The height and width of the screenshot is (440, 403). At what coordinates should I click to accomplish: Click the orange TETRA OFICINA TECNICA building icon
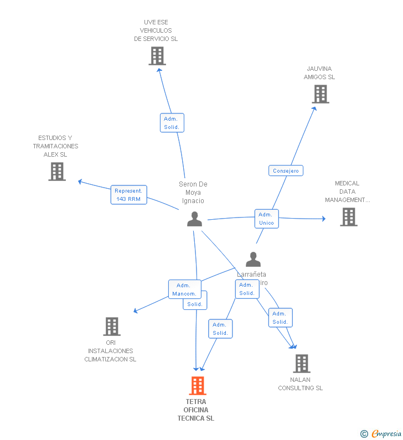click(198, 385)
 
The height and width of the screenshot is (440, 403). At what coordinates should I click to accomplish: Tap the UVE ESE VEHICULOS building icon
click(157, 56)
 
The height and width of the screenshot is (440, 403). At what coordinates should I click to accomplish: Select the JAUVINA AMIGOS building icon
click(321, 94)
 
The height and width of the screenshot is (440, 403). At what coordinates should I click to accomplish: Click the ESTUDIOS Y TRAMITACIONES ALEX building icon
click(57, 172)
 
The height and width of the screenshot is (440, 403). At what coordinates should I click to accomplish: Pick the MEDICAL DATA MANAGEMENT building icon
click(349, 217)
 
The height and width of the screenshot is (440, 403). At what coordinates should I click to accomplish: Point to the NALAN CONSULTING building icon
click(302, 364)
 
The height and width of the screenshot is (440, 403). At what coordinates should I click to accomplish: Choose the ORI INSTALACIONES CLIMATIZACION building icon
click(112, 327)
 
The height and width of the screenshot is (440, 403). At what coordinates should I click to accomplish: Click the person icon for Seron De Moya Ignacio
click(194, 219)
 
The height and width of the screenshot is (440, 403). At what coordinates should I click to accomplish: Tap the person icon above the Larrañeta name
click(253, 259)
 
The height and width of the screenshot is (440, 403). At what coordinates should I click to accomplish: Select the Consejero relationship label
click(286, 171)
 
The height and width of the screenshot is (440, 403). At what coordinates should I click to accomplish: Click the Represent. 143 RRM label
click(128, 195)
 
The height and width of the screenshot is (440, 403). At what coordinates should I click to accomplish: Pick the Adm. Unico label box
click(266, 219)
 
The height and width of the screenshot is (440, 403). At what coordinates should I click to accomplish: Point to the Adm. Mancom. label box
click(184, 289)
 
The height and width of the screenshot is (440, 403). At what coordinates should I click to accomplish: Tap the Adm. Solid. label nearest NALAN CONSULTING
click(280, 318)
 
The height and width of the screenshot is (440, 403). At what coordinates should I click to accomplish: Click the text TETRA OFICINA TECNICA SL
click(196, 410)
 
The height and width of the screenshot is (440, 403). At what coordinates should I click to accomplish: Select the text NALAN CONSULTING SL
click(300, 384)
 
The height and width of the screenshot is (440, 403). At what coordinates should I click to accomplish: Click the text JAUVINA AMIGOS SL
click(319, 73)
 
